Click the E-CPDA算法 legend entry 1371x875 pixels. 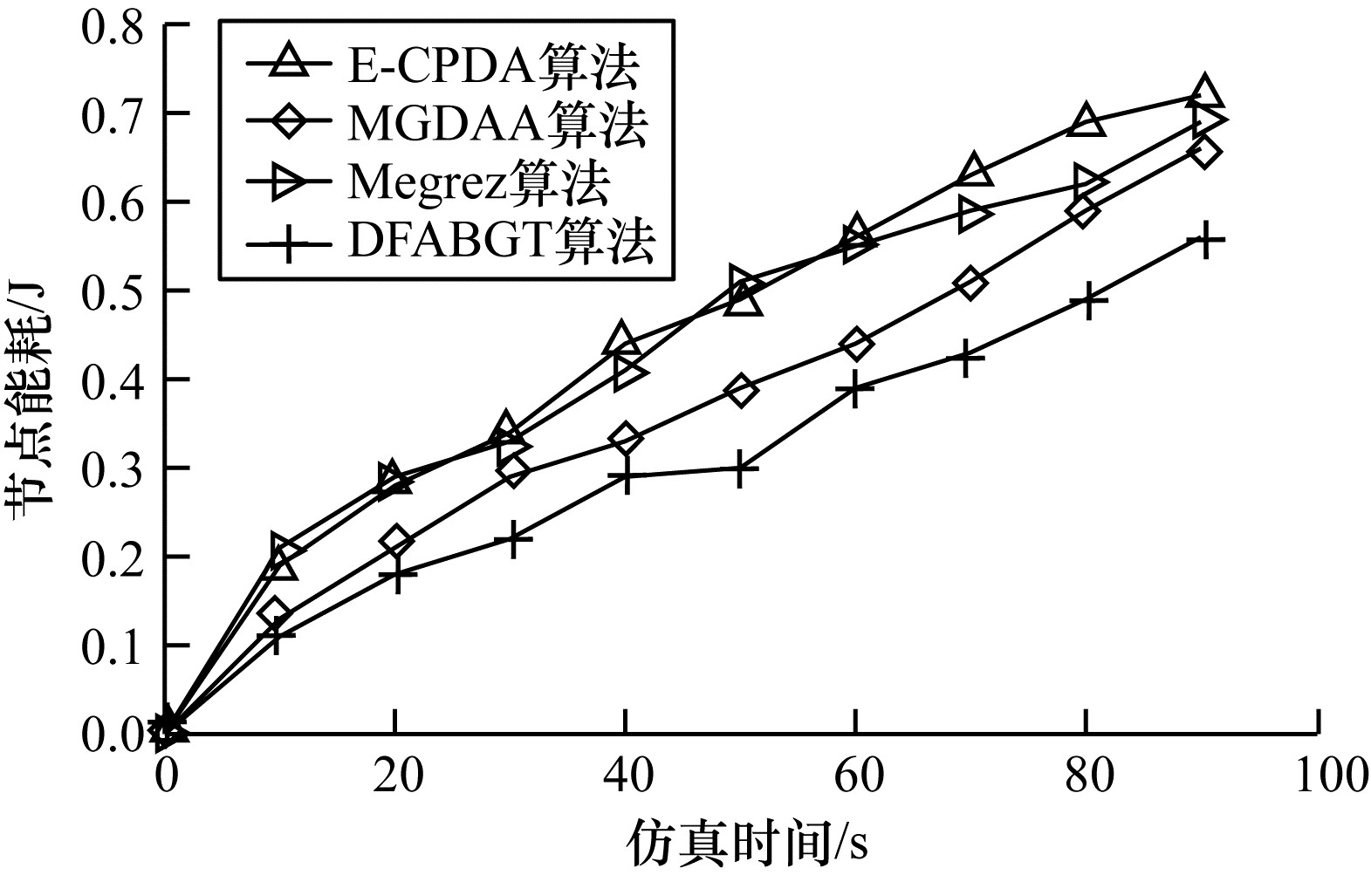coord(493,65)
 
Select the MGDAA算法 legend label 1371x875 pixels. coord(497,125)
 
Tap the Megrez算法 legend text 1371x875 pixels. coord(478,182)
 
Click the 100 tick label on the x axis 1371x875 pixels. coord(1318,776)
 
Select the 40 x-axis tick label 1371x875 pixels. coord(626,776)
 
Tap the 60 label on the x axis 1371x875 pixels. coord(856,776)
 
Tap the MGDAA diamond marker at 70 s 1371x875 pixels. coord(970,284)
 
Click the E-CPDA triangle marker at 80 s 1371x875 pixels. coord(1086,121)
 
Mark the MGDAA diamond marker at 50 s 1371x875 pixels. coord(741,390)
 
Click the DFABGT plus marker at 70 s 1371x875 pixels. coord(965,358)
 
